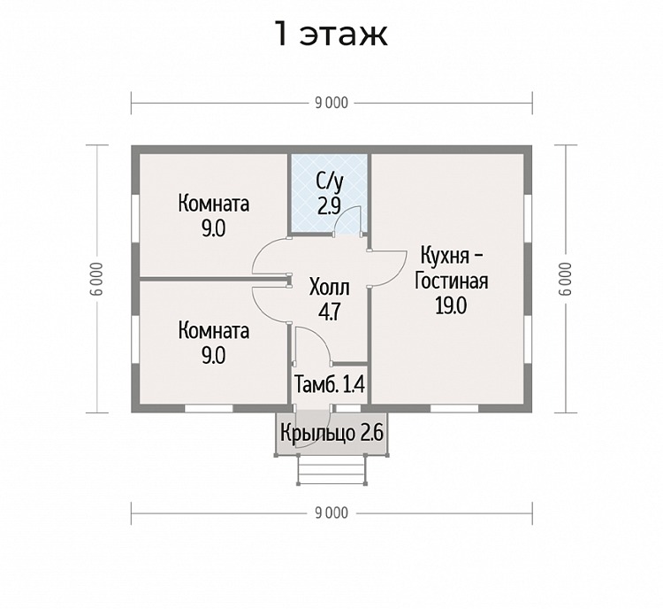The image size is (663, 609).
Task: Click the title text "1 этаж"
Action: (x=331, y=35)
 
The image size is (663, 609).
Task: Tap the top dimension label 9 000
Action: (x=331, y=103)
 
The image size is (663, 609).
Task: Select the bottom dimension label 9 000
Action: (x=331, y=513)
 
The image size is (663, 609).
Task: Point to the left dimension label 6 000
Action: (x=97, y=279)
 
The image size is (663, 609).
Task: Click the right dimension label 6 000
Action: (x=566, y=279)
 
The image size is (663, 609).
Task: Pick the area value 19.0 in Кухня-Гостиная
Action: (x=451, y=305)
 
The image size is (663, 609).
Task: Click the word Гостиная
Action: (x=451, y=281)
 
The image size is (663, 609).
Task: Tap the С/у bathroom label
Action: (x=330, y=182)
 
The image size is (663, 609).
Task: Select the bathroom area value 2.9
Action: (x=329, y=206)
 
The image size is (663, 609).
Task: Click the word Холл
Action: (x=330, y=288)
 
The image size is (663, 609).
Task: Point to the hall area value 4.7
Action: (x=330, y=312)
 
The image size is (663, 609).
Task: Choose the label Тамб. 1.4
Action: (x=330, y=384)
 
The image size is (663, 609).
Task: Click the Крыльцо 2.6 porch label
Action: (x=331, y=433)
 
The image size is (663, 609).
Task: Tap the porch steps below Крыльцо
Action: (x=331, y=469)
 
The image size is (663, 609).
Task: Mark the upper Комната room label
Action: (x=214, y=204)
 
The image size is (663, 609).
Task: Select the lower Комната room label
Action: (x=214, y=331)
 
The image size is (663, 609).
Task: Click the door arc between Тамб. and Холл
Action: (x=322, y=339)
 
